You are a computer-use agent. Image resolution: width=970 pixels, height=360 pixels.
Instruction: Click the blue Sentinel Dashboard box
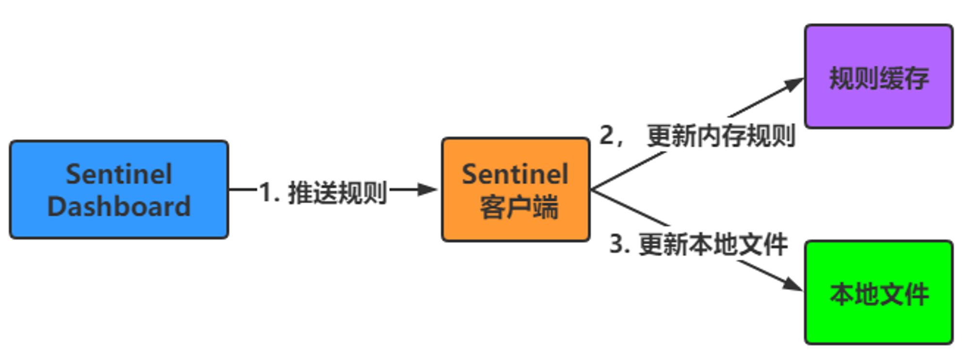point(119,190)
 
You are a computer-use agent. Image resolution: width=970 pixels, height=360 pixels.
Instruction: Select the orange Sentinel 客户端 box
point(516,190)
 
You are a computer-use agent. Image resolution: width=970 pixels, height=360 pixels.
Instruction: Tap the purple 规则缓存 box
point(879,77)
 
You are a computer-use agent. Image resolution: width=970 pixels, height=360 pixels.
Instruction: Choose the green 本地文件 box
point(879,293)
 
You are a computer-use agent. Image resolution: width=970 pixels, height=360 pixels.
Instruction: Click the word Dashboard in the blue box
point(119,206)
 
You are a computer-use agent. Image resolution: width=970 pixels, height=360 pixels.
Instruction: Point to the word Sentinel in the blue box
point(119,174)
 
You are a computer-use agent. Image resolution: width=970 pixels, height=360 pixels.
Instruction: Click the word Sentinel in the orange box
point(515,174)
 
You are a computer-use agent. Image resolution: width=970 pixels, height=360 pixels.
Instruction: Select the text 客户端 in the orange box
point(519,207)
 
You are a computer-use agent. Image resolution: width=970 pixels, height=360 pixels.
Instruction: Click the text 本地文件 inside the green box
point(879,294)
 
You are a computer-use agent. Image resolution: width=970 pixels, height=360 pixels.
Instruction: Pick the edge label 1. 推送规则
point(323,193)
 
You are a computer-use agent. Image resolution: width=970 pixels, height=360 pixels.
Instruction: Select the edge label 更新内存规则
point(721,135)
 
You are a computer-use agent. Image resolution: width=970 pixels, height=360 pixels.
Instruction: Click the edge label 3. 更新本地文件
point(698,244)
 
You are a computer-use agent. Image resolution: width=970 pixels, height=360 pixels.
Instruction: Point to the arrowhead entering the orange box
point(428,190)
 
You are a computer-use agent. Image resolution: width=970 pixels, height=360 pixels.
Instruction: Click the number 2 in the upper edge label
point(607,135)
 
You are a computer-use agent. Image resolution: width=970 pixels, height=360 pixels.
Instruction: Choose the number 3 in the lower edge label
point(616,244)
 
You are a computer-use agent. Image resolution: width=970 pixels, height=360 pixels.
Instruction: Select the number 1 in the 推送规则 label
point(265,192)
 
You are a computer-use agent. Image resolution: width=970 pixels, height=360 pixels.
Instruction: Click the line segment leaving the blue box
point(243,190)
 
